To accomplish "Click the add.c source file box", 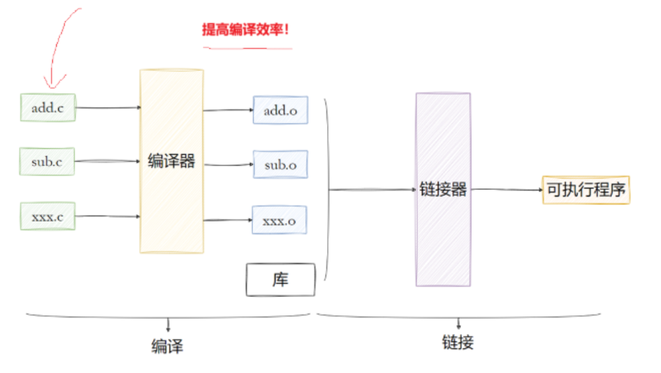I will point(48,108).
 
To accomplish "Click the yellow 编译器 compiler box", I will point(171,161).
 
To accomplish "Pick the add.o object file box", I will point(280,110).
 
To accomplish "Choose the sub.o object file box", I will point(280,164).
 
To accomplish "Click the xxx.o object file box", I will point(280,220).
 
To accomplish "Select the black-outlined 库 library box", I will point(280,279).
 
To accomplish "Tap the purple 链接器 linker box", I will point(443,190).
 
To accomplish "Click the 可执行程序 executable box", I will point(585,190).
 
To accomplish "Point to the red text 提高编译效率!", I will point(246,30).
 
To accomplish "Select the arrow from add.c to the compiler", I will point(107,106).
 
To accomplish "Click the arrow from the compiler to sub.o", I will point(228,163).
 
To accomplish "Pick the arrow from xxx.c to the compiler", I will point(107,216).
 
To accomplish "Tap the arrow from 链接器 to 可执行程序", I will point(507,190).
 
